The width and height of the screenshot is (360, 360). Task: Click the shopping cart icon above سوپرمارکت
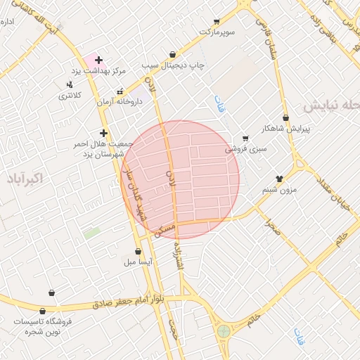[x=217, y=22]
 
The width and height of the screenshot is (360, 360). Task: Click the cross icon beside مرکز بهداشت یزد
[x=98, y=60]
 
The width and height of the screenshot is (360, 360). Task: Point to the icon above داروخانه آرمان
[x=120, y=91]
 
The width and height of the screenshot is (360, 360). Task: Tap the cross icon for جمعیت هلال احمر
[x=103, y=132]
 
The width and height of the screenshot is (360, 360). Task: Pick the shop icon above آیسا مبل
[x=138, y=251]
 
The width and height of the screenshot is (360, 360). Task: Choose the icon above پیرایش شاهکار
[x=285, y=117]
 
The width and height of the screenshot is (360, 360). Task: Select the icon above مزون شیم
[x=279, y=179]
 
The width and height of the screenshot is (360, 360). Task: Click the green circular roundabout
[x=224, y=330]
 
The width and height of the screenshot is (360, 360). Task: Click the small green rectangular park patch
[x=91, y=233]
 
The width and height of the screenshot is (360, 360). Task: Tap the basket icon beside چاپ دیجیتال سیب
[x=173, y=53]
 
